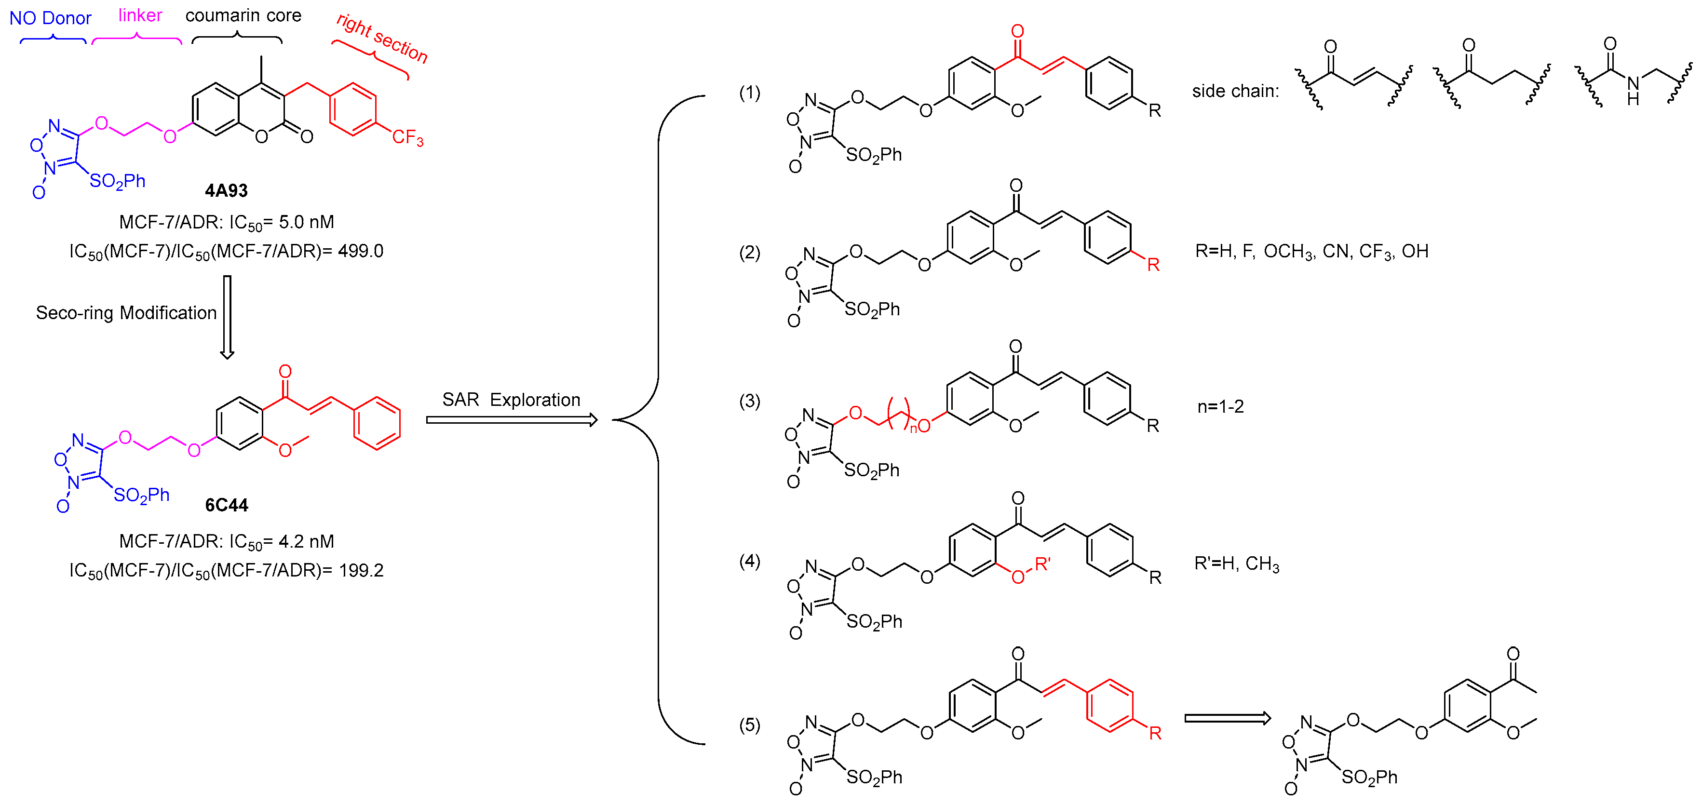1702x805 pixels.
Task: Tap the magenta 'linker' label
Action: [140, 15]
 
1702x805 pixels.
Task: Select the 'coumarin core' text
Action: [243, 15]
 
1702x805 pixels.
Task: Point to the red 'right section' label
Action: [382, 38]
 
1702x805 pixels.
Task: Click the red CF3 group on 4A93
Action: [407, 137]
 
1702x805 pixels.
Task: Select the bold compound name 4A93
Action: [226, 191]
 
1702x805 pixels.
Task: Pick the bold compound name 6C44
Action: [226, 505]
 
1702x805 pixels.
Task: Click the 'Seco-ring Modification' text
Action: [126, 312]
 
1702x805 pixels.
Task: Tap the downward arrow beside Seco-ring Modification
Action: [227, 317]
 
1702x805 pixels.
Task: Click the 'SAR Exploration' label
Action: [511, 400]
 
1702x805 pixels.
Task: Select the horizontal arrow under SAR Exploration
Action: [512, 420]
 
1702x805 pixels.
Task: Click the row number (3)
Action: [749, 401]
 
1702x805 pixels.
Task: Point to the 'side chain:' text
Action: [1235, 91]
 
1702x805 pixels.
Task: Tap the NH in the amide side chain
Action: [1633, 91]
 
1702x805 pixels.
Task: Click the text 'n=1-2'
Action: [1220, 406]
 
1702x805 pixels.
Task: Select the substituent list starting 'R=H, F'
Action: [1311, 251]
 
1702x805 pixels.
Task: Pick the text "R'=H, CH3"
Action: [1236, 563]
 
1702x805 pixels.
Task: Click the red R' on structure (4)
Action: [1042, 564]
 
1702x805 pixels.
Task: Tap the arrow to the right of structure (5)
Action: [1227, 719]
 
